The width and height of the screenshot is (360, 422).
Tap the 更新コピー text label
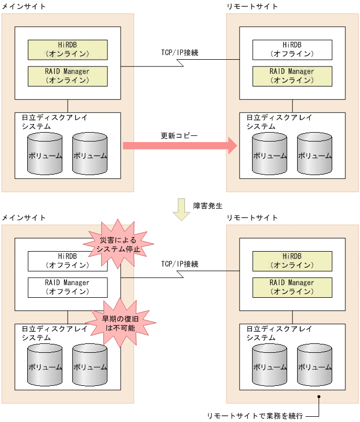(179, 136)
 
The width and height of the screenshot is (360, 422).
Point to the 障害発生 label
(204, 205)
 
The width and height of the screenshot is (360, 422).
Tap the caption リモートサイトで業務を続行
(255, 415)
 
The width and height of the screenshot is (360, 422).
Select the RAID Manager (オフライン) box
(68, 287)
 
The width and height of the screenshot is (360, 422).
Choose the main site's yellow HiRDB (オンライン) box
(68, 49)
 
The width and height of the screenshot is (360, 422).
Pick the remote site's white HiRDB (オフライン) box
(292, 49)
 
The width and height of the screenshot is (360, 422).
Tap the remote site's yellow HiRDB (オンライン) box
(292, 261)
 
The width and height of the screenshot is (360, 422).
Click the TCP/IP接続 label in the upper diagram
(179, 53)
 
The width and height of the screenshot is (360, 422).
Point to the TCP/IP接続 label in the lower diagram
(179, 264)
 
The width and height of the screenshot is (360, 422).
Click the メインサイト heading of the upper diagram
(24, 6)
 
